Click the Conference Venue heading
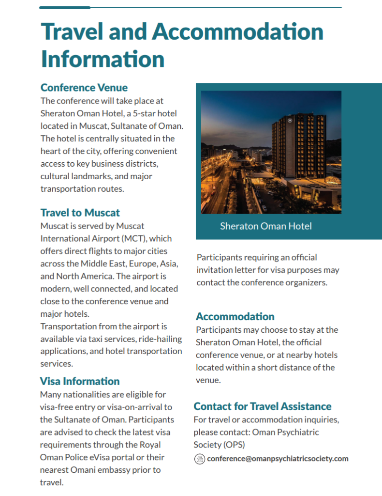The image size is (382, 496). [x=84, y=88]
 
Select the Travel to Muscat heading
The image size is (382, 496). [x=80, y=213]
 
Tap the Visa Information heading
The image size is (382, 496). [x=80, y=381]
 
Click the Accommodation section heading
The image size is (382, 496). [x=235, y=316]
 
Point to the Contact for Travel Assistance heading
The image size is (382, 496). [x=263, y=406]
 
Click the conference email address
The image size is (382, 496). [x=278, y=459]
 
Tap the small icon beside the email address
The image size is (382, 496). [x=200, y=459]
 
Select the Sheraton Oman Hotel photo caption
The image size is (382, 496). [x=265, y=226]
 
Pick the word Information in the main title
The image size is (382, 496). [x=103, y=59]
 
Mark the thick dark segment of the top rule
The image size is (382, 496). [x=65, y=8]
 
